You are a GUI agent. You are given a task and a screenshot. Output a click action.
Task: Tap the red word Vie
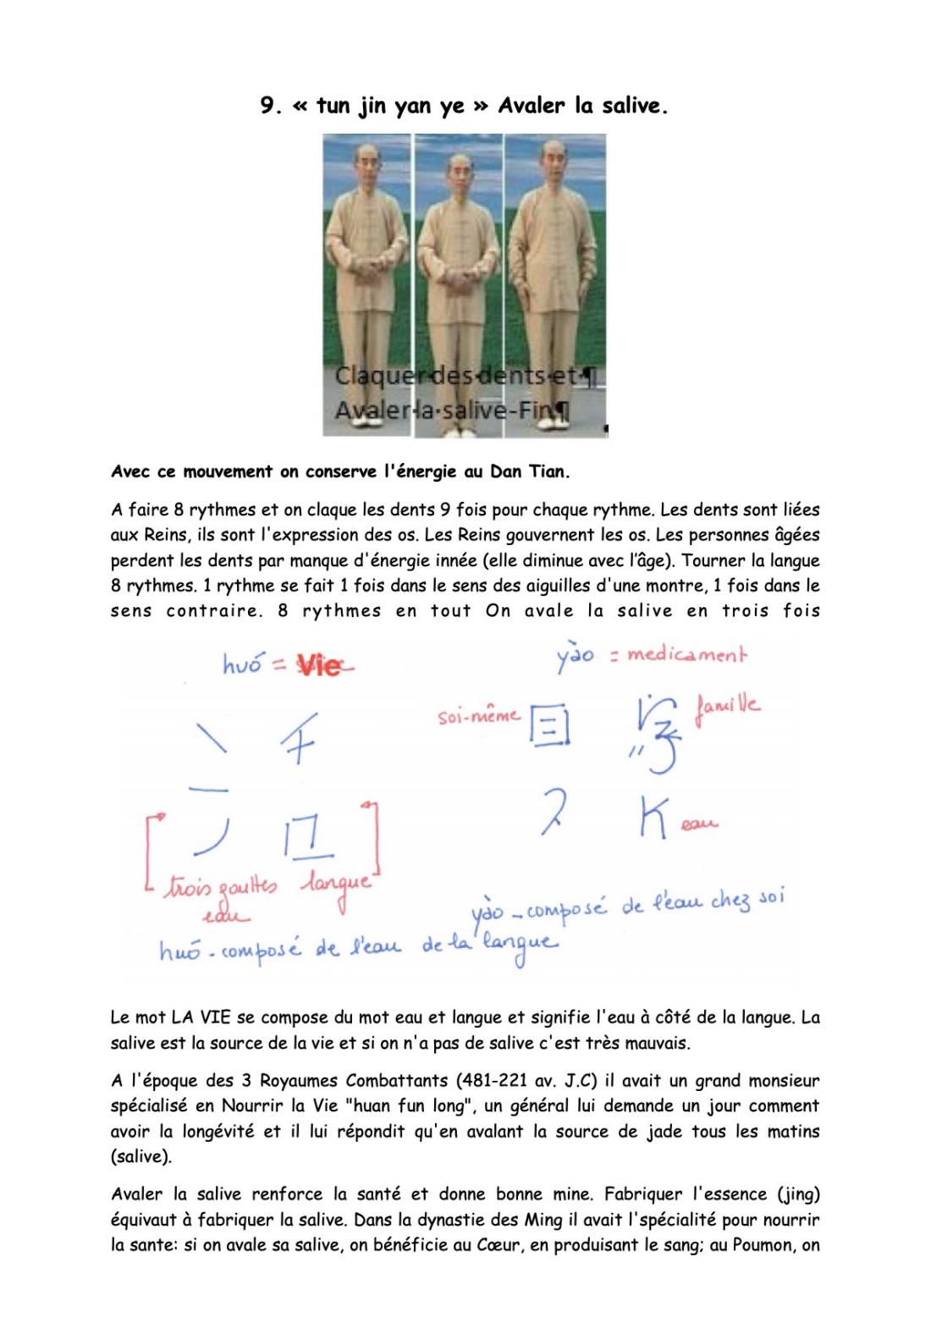pyautogui.click(x=320, y=667)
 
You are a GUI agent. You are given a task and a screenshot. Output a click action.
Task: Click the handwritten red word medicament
pyautogui.click(x=686, y=654)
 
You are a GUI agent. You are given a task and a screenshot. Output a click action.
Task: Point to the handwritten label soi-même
pyautogui.click(x=478, y=717)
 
